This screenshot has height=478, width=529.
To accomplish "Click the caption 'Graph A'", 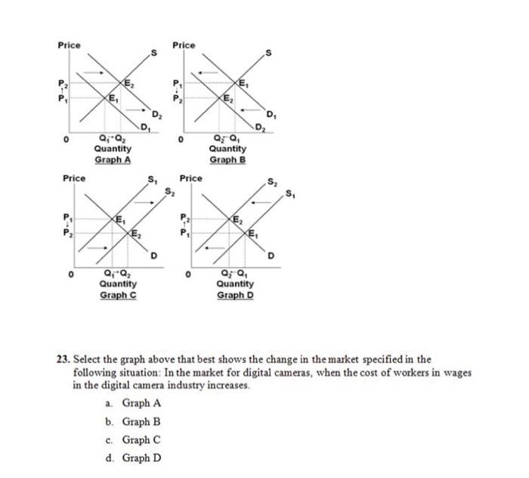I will [x=112, y=160].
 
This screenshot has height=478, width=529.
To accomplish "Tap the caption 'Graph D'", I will [x=236, y=294].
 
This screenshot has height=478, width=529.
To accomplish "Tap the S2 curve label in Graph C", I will [x=171, y=191].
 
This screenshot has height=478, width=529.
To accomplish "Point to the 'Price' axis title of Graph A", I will [x=69, y=46].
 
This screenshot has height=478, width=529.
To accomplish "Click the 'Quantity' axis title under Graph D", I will [x=234, y=284].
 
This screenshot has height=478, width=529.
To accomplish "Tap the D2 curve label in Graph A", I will [x=156, y=115].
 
